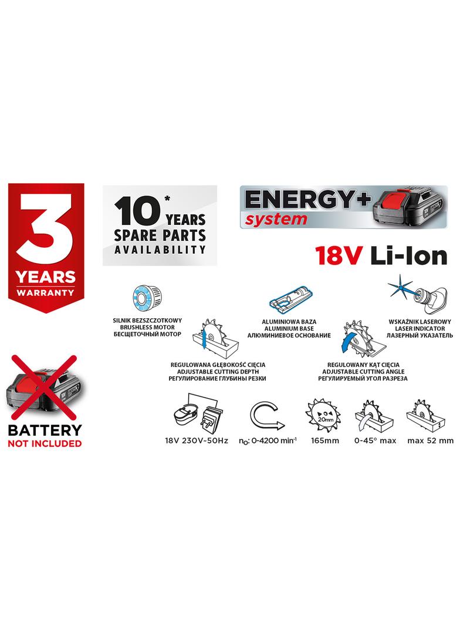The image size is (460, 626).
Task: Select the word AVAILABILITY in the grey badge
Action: click(x=160, y=249)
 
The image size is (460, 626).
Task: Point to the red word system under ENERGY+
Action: click(x=275, y=219)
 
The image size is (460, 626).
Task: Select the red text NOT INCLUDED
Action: click(x=45, y=443)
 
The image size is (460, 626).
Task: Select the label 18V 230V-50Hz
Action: click(x=197, y=440)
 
